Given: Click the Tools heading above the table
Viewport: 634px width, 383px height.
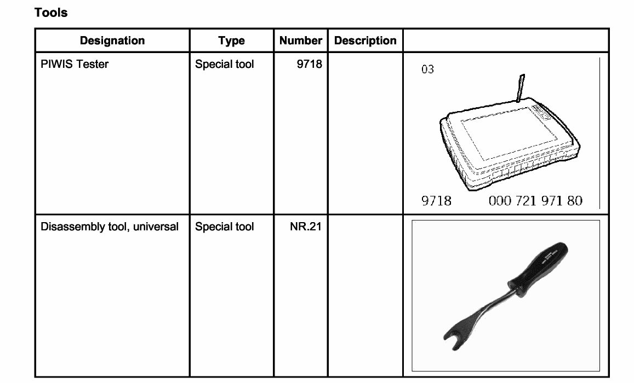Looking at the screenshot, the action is [51, 12].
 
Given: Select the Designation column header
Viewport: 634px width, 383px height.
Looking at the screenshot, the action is [112, 40].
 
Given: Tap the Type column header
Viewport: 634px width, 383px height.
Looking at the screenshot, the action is [231, 40].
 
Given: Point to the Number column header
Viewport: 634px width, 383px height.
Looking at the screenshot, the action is [300, 40].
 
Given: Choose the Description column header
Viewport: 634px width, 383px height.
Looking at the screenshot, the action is [365, 40].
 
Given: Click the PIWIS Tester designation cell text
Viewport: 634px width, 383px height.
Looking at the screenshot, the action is [75, 64].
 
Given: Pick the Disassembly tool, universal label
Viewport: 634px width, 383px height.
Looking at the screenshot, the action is [110, 227].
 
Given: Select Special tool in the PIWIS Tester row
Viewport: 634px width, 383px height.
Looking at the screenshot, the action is [225, 64].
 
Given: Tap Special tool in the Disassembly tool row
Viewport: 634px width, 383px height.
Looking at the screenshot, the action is [225, 227].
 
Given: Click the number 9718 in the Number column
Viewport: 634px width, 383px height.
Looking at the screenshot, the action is [310, 64].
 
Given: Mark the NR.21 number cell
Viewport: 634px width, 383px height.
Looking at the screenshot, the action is [306, 227].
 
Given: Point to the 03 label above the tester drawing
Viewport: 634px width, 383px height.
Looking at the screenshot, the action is [427, 69].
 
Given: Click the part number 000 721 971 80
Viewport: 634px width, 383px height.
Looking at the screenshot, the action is [535, 201].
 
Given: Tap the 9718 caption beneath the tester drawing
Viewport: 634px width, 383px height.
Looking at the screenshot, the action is [436, 201].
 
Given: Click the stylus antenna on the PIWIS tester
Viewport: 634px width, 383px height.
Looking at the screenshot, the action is [520, 88].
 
